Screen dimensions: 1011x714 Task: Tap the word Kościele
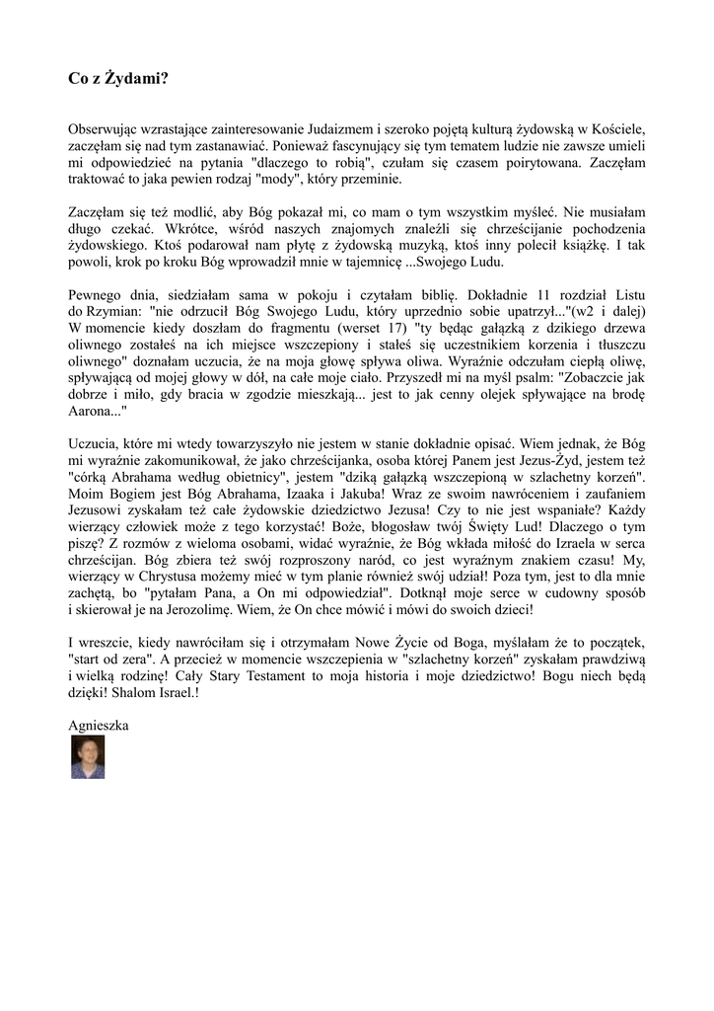pyautogui.click(x=613, y=129)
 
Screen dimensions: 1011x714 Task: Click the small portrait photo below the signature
pyautogui.click(x=88, y=756)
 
